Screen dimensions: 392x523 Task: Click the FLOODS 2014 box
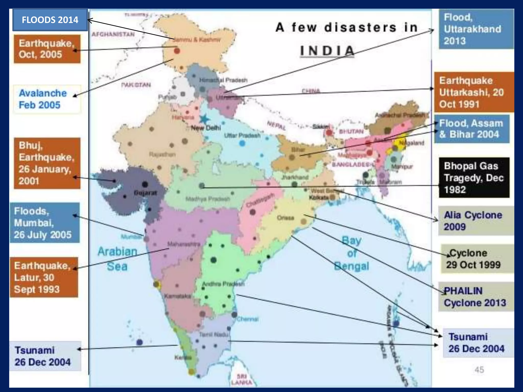(50, 20)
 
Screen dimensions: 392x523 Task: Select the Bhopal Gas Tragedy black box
(474, 178)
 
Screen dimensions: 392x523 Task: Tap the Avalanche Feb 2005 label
(47, 99)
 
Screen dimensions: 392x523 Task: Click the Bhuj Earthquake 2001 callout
(47, 163)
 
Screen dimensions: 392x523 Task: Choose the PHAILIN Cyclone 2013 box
(476, 297)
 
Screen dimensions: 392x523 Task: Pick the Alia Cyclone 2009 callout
(476, 221)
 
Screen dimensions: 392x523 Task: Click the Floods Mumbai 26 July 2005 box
(45, 223)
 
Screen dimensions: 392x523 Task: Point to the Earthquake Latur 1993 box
(44, 277)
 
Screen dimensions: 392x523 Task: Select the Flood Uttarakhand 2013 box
(476, 29)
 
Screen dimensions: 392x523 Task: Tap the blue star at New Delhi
(204, 119)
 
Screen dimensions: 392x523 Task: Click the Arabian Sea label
(117, 259)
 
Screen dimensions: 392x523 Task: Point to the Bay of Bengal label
(352, 253)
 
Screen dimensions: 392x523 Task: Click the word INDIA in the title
(327, 51)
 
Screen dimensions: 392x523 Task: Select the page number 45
(479, 369)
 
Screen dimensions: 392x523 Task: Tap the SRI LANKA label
(242, 379)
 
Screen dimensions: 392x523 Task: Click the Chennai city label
(247, 319)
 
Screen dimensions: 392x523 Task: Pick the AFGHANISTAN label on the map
(113, 34)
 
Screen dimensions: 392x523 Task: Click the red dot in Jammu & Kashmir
(177, 51)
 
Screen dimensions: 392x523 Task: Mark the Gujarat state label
(146, 193)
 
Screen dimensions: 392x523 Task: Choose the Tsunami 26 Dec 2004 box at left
(45, 356)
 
